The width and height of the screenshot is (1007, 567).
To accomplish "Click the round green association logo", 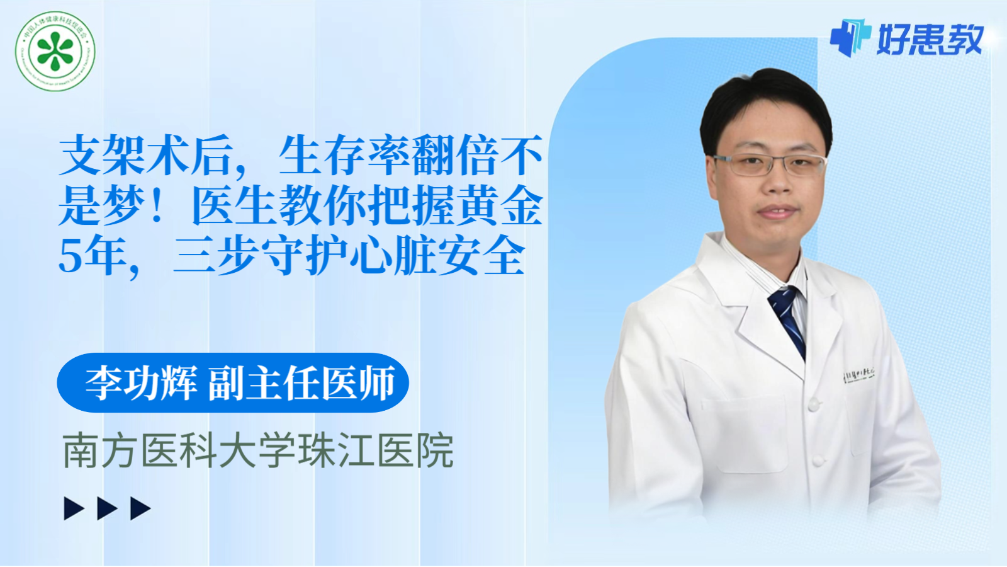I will click(x=55, y=51).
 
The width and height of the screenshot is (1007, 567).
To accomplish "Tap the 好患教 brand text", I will click(x=930, y=40).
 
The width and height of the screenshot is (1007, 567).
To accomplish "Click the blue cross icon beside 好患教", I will click(x=850, y=37).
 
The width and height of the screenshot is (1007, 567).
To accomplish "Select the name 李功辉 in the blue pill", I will click(x=141, y=382).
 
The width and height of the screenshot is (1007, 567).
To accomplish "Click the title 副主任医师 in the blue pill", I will click(x=301, y=382).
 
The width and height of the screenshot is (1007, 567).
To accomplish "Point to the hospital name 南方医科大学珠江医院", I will click(x=258, y=450).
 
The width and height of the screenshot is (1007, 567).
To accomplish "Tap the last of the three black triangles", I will click(x=139, y=508).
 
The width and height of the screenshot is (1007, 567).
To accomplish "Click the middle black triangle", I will click(x=106, y=508).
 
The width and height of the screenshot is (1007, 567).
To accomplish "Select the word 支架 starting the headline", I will click(x=102, y=156).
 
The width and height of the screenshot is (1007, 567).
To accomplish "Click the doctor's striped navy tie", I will click(x=788, y=318).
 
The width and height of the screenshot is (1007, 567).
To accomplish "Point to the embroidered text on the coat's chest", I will click(x=858, y=375).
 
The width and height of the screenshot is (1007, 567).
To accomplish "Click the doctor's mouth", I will click(x=778, y=212).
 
